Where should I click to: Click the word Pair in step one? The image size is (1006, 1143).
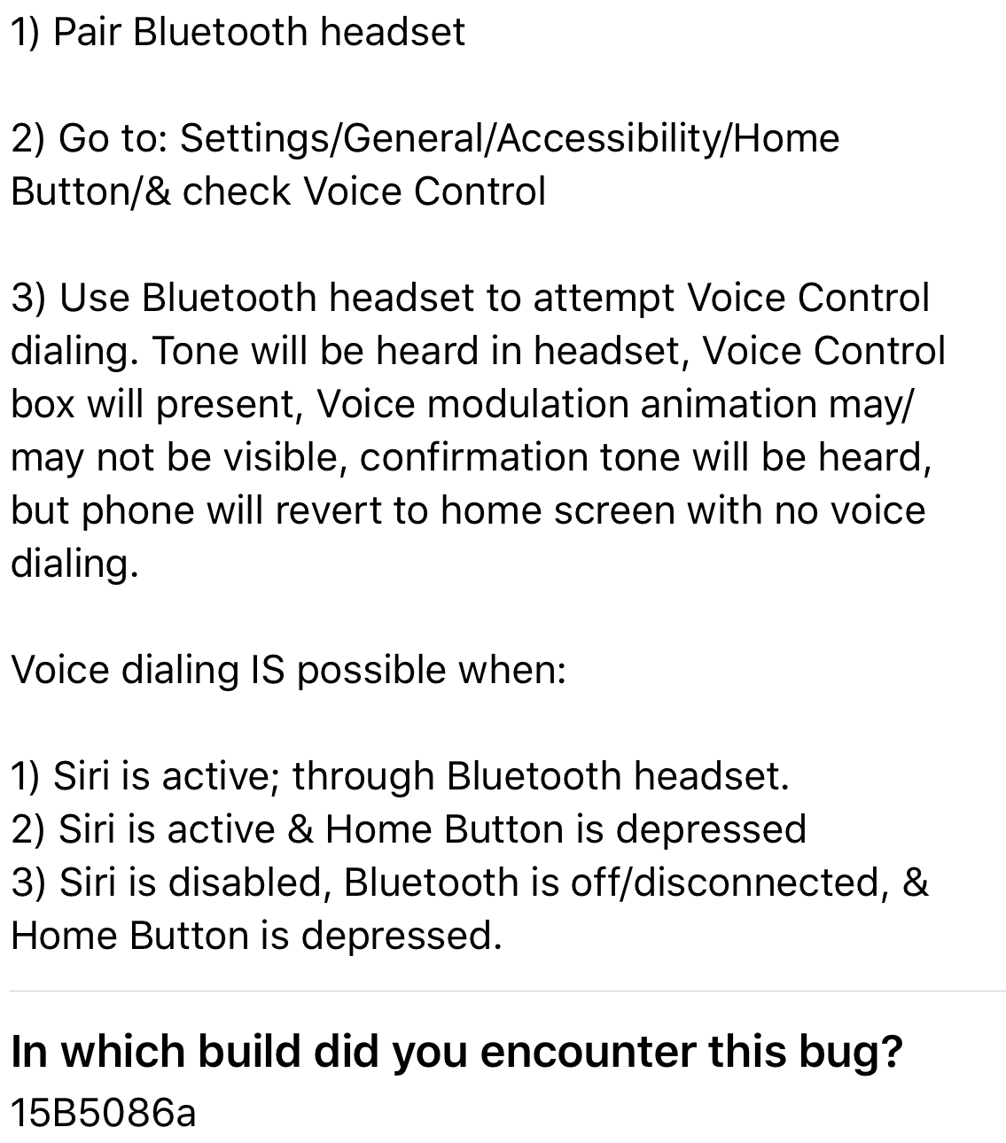click(88, 32)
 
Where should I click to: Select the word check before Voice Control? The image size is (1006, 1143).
click(237, 191)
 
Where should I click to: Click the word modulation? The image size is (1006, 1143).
click(527, 405)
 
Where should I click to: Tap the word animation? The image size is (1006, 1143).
click(729, 405)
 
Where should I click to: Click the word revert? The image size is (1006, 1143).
click(329, 510)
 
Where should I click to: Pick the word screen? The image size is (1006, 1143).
click(615, 511)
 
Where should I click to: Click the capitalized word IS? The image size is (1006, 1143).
click(267, 670)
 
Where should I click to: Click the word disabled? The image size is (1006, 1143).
click(246, 883)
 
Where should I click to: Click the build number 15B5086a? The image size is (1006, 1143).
click(104, 1114)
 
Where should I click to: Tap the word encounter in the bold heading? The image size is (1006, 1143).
click(588, 1053)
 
